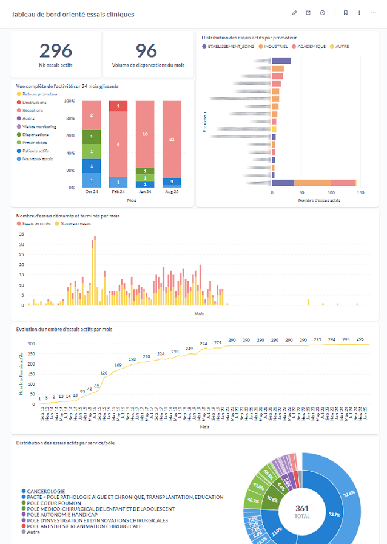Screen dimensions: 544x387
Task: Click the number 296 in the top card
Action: [56, 50]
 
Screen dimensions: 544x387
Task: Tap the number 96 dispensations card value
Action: [146, 50]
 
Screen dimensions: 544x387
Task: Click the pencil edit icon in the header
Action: [294, 13]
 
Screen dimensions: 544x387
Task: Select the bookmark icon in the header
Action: [345, 13]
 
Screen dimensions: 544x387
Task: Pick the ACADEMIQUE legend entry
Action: [311, 46]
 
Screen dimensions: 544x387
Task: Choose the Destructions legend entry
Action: [34, 103]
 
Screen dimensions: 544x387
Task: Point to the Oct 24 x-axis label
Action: [92, 192]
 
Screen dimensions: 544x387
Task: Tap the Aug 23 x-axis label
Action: [171, 192]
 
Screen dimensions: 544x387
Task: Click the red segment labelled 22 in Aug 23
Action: [172, 139]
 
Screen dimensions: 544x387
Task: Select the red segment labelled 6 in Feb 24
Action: [118, 144]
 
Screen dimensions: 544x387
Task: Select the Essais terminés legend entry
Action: [36, 223]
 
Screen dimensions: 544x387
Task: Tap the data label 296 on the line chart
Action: [360, 339]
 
